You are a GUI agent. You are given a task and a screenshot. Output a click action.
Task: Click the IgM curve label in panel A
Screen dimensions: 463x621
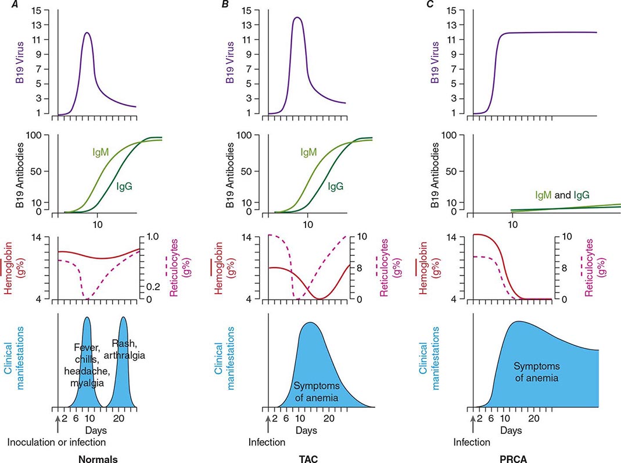(100, 152)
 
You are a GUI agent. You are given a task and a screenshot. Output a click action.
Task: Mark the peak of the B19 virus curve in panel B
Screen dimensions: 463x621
(297, 17)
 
